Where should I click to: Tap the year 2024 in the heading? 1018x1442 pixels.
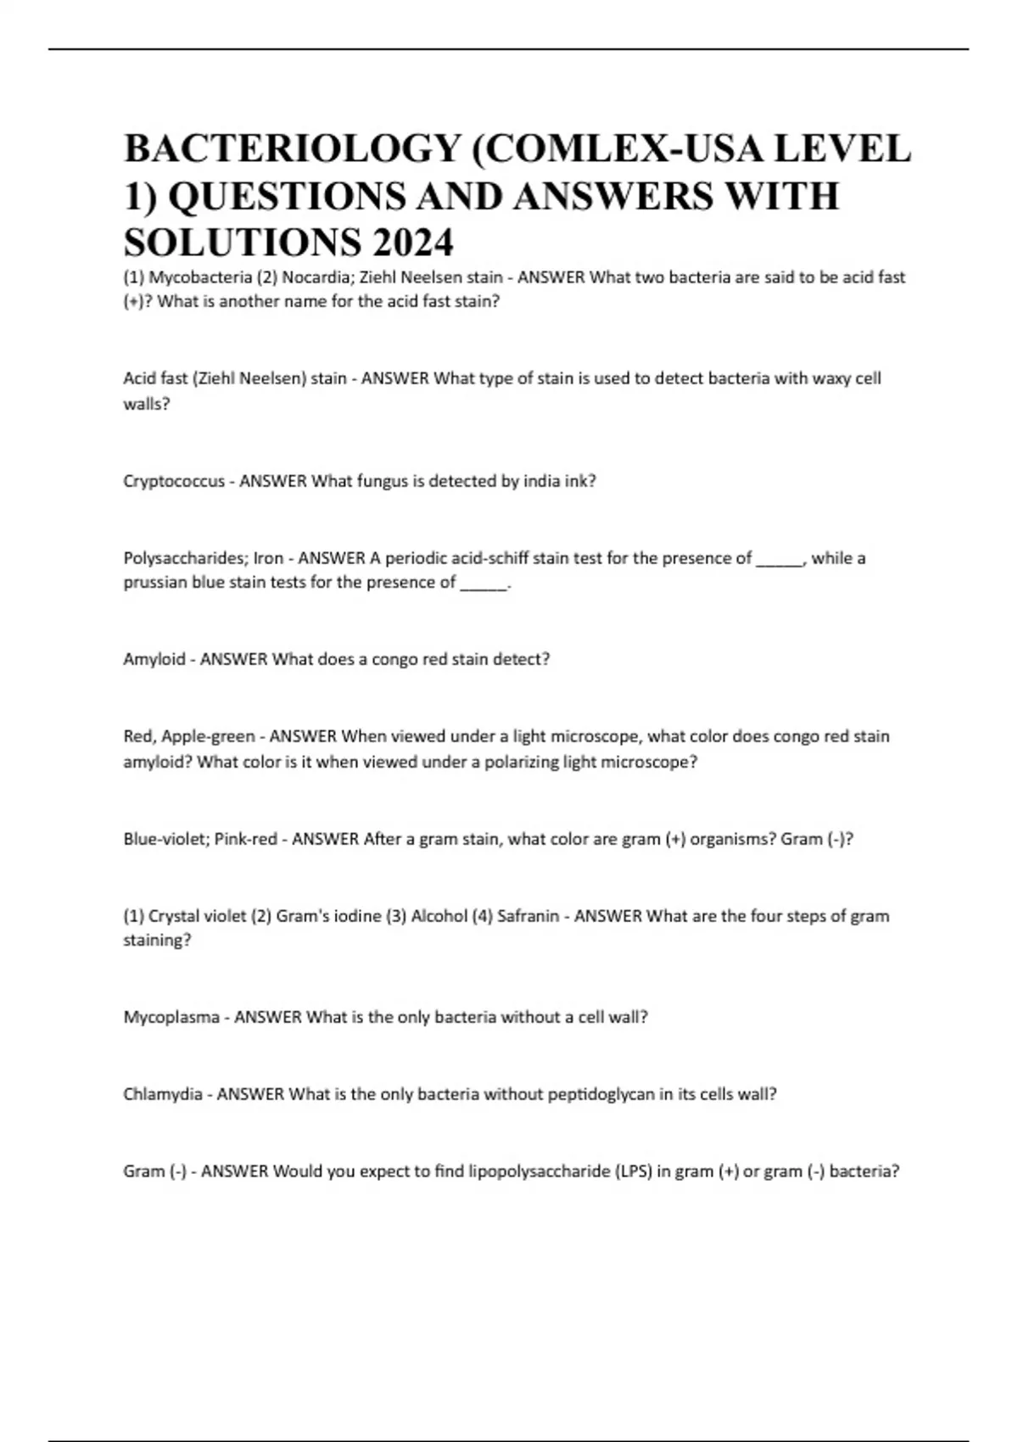click(x=412, y=243)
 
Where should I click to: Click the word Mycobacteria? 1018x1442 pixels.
click(x=200, y=277)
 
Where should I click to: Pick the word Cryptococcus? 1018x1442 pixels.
click(x=174, y=482)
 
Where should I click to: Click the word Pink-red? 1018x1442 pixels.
click(x=245, y=839)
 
